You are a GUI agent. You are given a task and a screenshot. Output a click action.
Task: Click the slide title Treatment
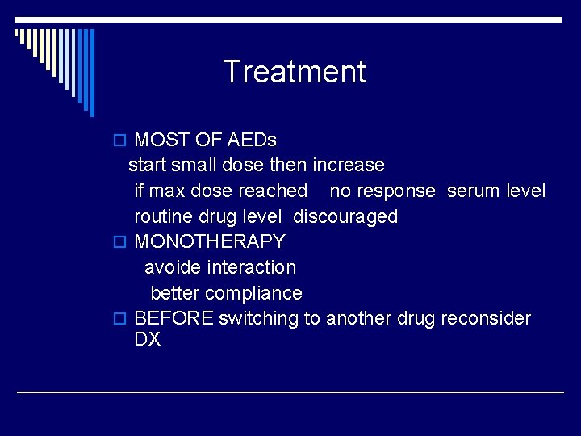tap(294, 72)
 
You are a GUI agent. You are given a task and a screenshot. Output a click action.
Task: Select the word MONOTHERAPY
tap(210, 241)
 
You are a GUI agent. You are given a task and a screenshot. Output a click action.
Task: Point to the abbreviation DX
tap(148, 339)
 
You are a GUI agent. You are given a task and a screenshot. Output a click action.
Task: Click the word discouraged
tap(345, 216)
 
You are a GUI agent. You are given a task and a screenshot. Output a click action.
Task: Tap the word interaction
tap(251, 267)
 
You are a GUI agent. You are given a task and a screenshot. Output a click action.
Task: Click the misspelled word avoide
tap(173, 267)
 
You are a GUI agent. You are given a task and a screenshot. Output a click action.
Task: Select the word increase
tap(349, 166)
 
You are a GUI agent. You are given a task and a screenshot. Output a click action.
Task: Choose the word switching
tap(258, 318)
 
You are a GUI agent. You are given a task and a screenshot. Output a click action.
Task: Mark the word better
tap(175, 293)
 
